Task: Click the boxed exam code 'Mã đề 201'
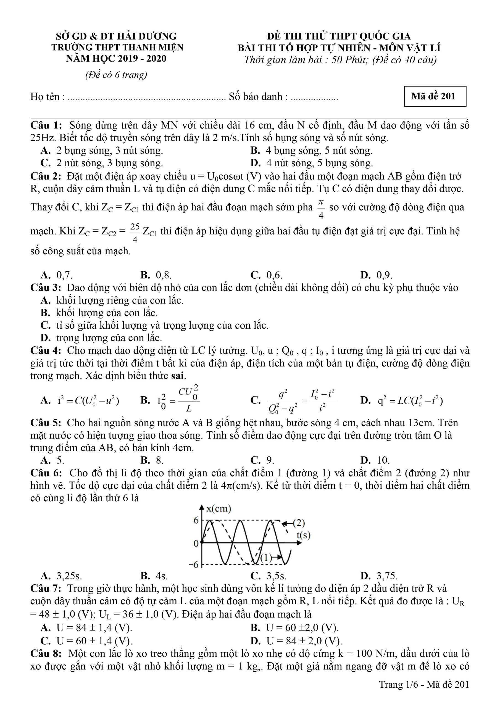click(435, 96)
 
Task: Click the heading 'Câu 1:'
click(46, 125)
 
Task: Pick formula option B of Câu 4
click(170, 400)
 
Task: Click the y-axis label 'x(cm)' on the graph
click(219, 508)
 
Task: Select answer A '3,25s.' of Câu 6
click(62, 576)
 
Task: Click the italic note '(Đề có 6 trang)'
click(116, 75)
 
